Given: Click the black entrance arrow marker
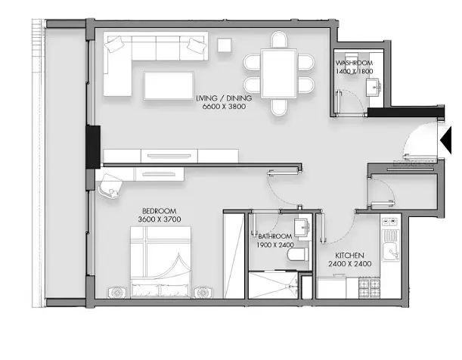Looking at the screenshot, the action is coord(446,141).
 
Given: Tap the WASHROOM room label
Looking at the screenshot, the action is coord(354,63).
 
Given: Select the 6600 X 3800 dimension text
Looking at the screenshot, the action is coord(224,107).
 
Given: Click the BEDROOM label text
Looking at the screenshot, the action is coord(160,211).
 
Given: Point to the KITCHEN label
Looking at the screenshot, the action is coord(349,256).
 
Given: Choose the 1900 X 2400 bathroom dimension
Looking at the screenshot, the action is coord(275,245).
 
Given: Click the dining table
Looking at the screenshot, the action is coord(279,73).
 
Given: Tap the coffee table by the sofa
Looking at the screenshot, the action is coord(169,85).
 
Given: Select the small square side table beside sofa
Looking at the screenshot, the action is coord(225,45).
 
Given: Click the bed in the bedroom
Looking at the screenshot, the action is coord(160,262).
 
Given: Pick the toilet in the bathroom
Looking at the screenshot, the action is coord(298,255).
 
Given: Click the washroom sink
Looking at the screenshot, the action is coord(374,87).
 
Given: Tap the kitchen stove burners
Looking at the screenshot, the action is coord(369,288).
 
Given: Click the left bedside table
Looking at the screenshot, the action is coord(117,292).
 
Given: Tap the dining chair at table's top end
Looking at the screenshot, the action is coord(279,40).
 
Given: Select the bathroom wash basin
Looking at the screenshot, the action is coord(302,228).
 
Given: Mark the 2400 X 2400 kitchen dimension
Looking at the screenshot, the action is coord(350,264).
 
